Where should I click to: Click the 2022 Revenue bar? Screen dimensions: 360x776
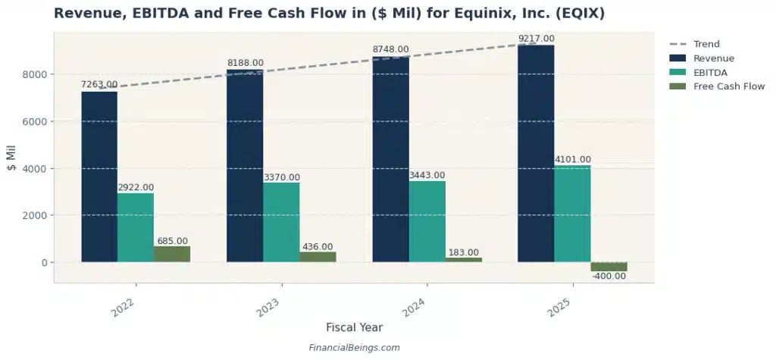(x=99, y=177)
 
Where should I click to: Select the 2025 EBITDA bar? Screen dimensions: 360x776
(x=572, y=214)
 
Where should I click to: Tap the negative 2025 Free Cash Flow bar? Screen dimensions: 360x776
(x=609, y=267)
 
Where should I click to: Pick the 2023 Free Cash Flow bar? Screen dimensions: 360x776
(x=318, y=257)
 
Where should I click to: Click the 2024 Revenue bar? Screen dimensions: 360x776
(x=390, y=159)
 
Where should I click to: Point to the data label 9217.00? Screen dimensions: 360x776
(x=536, y=39)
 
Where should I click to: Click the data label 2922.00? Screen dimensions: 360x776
(x=136, y=187)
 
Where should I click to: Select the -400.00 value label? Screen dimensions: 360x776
(x=609, y=277)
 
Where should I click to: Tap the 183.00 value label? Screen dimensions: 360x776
(x=463, y=252)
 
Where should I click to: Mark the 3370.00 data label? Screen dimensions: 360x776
(x=281, y=177)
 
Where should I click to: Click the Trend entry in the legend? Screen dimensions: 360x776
(x=706, y=44)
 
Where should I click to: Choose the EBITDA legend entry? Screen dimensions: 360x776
(x=710, y=72)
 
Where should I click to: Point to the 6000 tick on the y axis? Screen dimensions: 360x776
(x=37, y=121)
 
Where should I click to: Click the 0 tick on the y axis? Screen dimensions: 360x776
(x=45, y=262)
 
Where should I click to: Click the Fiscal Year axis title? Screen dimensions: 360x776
(x=354, y=327)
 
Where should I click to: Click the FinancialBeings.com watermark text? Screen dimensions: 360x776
(x=354, y=348)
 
